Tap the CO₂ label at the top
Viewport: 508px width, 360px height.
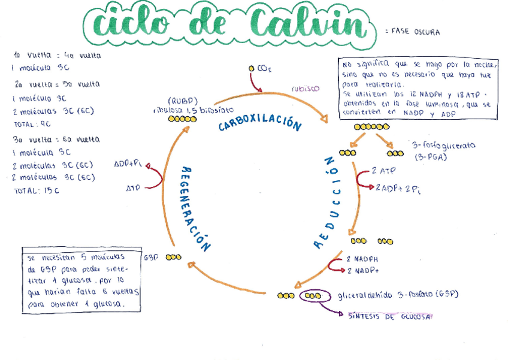264,69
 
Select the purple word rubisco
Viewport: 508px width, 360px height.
306,88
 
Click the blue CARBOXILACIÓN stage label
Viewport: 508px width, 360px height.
259,123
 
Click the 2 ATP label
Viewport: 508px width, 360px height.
383,171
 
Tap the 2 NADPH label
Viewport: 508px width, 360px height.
362,259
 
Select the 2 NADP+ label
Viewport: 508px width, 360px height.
362,271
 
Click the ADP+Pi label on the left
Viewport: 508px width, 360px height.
128,164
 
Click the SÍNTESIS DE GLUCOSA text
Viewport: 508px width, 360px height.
386,316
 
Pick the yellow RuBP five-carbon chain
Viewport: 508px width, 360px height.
182,119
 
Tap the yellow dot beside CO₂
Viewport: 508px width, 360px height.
252,69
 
